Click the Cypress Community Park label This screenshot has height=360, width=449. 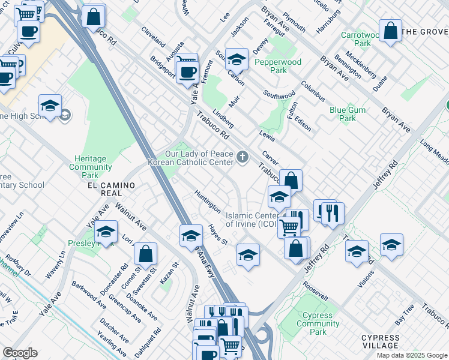[x=318, y=323]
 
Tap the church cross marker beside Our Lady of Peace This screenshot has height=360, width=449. [x=243, y=158]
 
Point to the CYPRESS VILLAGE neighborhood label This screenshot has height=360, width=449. [x=388, y=341]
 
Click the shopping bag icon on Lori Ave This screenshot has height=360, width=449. [x=145, y=254]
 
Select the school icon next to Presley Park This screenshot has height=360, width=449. [x=106, y=232]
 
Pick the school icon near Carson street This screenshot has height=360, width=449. [x=237, y=59]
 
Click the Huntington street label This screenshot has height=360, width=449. [x=207, y=201]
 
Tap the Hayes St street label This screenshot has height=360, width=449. [x=218, y=235]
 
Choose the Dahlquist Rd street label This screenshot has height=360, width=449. [x=157, y=340]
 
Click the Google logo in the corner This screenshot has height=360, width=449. [x=20, y=353]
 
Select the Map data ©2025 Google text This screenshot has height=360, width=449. [x=412, y=355]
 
